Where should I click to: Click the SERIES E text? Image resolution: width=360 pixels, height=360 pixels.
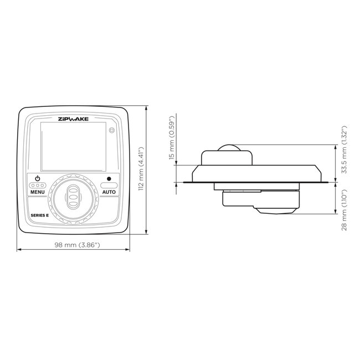tap(40, 215)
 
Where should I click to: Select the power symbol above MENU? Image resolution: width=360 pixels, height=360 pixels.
tap(38, 178)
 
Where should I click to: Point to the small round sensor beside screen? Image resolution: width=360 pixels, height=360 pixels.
tap(112, 131)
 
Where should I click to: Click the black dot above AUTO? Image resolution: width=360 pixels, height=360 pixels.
tap(109, 179)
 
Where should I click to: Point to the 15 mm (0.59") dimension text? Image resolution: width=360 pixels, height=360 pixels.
tap(172, 138)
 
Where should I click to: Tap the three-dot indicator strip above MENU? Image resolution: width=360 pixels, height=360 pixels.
tap(38, 184)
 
